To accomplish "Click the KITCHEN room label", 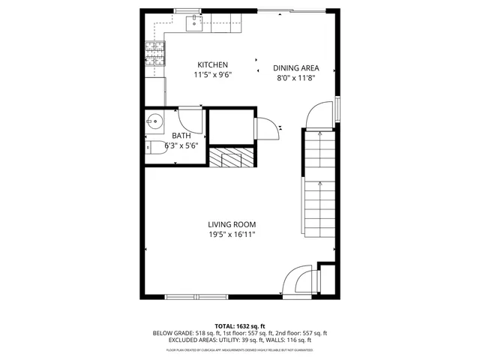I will pyautogui.click(x=212, y=65).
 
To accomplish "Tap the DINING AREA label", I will pyautogui.click(x=297, y=67).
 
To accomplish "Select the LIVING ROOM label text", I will pyautogui.click(x=232, y=224).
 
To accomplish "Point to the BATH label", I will pyautogui.click(x=181, y=136).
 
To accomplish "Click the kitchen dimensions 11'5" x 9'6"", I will pyautogui.click(x=212, y=76).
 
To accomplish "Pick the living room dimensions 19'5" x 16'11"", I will pyautogui.click(x=232, y=235).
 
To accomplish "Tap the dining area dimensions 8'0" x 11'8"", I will pyautogui.click(x=297, y=76).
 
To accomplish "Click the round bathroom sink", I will pyautogui.click(x=155, y=121).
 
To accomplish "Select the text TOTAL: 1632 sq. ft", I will pyautogui.click(x=240, y=325).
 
